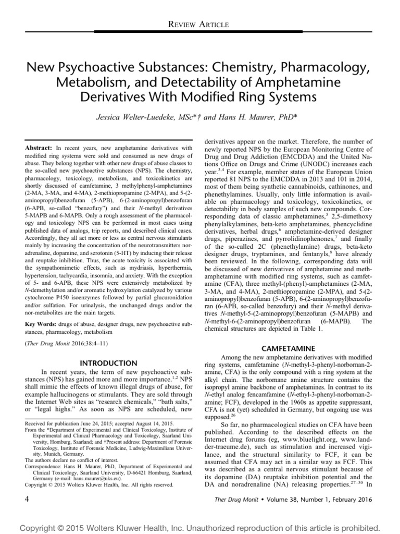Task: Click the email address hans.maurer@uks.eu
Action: pos(102,477)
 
